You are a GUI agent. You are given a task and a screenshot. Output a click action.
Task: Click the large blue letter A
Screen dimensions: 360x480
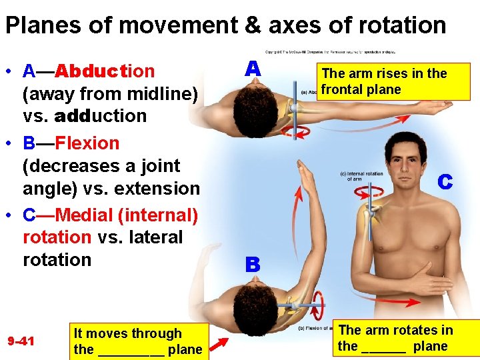[x=252, y=69]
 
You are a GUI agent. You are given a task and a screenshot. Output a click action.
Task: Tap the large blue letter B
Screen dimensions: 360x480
[x=252, y=265]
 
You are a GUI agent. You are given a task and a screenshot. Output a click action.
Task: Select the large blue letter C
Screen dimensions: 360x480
[x=445, y=181]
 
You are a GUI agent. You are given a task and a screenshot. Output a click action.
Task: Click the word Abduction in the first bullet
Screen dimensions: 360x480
[x=105, y=71]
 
